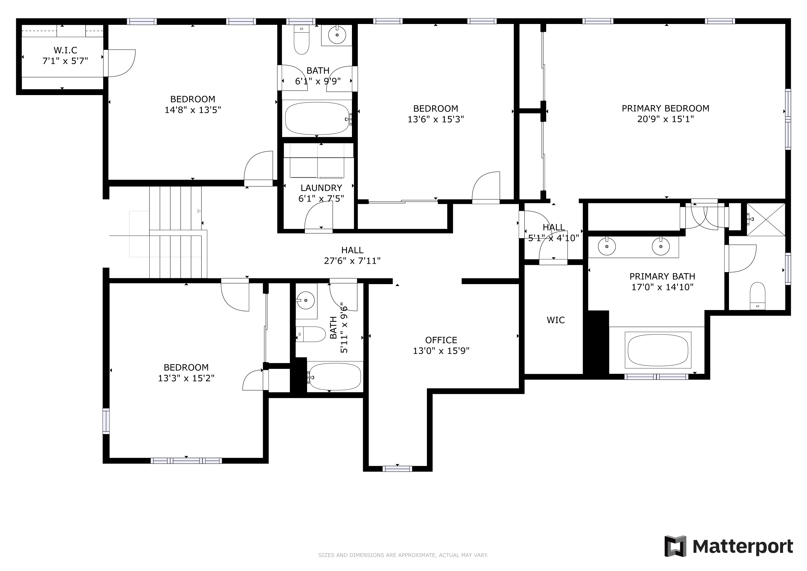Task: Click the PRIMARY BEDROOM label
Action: pos(665,108)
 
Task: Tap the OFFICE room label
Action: pos(441,340)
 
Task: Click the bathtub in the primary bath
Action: pos(658,350)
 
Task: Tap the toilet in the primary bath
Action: pos(757,296)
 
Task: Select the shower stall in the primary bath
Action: pos(766,219)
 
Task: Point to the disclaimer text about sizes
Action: pos(403,555)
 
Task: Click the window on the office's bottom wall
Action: pos(397,469)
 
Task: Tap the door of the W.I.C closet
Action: pos(120,63)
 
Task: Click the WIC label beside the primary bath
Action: pos(556,320)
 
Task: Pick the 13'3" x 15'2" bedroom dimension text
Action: pos(186,378)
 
